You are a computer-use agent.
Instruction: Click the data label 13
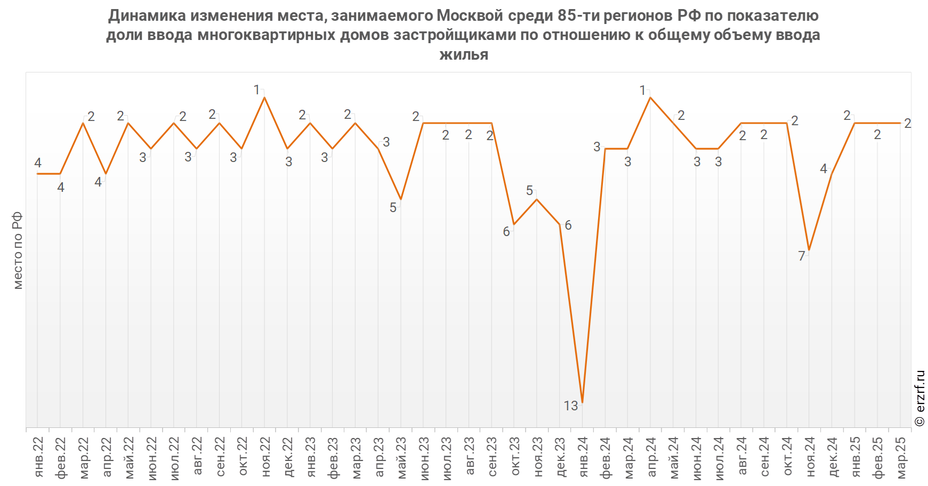pyautogui.click(x=570, y=406)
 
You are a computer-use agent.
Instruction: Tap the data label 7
pyautogui.click(x=801, y=256)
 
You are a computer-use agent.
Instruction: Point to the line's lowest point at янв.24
pyautogui.click(x=582, y=402)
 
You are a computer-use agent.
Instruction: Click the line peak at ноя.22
pyautogui.click(x=264, y=98)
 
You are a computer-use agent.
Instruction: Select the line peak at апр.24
pyautogui.click(x=650, y=98)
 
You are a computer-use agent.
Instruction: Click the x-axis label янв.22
pyautogui.click(x=38, y=457)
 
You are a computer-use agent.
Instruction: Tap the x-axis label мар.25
pyautogui.click(x=900, y=457)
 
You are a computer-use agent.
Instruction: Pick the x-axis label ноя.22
pyautogui.click(x=265, y=457)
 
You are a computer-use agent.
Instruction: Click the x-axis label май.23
pyautogui.click(x=401, y=457)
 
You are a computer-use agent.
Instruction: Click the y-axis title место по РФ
pyautogui.click(x=18, y=250)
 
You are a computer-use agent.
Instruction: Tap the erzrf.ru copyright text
pyautogui.click(x=919, y=398)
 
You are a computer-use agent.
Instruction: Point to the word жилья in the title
pyautogui.click(x=464, y=54)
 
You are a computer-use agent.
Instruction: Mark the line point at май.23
pyautogui.click(x=401, y=199)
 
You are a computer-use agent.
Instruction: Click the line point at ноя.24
pyautogui.click(x=809, y=250)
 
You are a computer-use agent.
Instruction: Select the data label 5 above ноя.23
pyautogui.click(x=529, y=191)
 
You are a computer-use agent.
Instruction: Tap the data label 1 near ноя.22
pyautogui.click(x=256, y=91)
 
